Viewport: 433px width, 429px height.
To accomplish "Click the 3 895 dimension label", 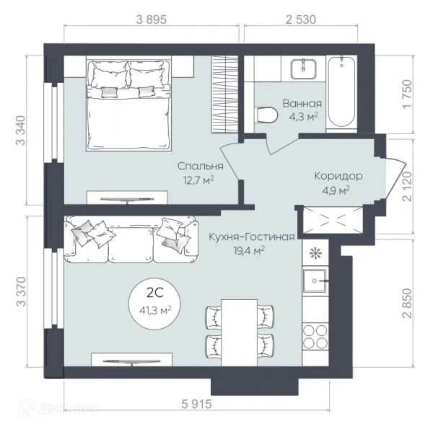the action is tap(152, 20).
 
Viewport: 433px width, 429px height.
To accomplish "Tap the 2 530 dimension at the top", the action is tap(301, 20).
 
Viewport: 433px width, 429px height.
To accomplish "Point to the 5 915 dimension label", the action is tap(196, 404).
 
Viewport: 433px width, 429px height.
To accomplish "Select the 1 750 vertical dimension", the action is tap(407, 94).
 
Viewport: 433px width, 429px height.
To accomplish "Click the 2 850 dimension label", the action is tap(407, 304).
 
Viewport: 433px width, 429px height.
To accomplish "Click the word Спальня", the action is tap(200, 166).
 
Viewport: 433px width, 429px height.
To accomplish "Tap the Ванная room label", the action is tap(302, 104).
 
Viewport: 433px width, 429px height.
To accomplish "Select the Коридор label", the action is tap(338, 176).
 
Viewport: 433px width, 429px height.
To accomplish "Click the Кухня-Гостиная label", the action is tap(252, 236).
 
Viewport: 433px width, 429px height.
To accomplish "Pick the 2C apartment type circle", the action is tap(155, 304).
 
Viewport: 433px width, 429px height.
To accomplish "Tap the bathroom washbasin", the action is tap(303, 68).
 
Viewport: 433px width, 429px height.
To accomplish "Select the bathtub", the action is tap(341, 92).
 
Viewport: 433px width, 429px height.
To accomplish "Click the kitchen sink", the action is tap(315, 280).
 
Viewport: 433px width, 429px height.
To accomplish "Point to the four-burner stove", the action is tap(315, 337).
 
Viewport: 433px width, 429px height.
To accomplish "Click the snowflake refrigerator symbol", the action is tap(315, 253).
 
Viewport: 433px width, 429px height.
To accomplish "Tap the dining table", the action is tap(240, 332).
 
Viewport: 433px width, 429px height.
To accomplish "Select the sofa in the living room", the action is tap(131, 239).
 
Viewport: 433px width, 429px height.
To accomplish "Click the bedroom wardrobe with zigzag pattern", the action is tap(225, 94).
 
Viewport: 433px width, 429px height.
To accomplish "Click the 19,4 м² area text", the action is tap(249, 251).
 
